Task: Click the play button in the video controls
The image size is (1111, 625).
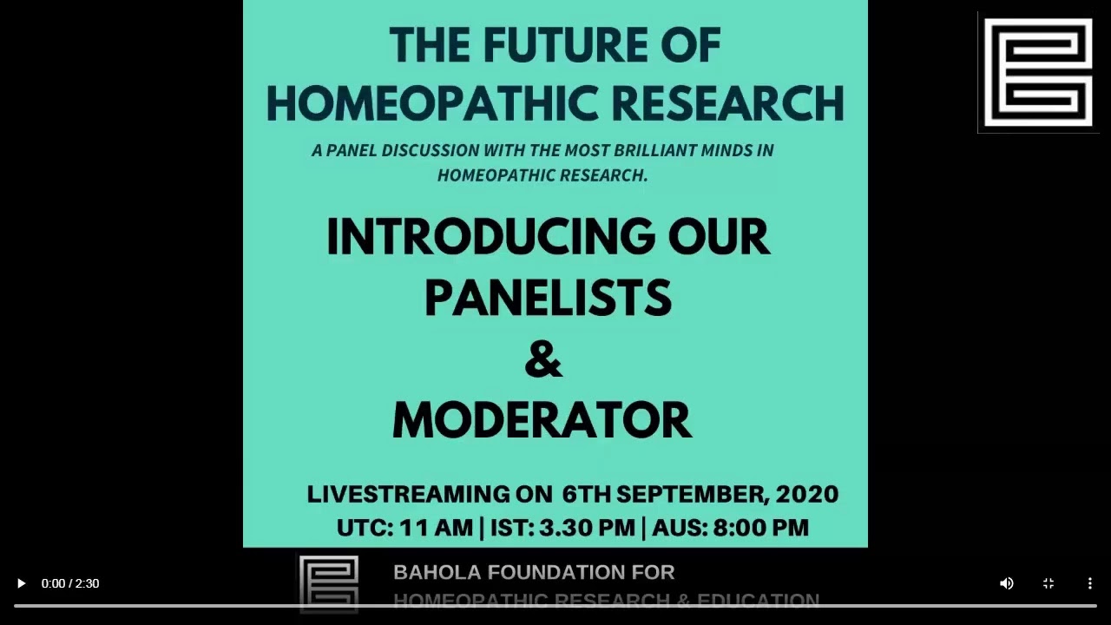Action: [x=22, y=583]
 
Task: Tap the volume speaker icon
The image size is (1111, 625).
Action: [x=1007, y=583]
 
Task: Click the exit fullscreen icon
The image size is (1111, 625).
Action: [x=1049, y=583]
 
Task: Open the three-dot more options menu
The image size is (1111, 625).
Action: [x=1090, y=583]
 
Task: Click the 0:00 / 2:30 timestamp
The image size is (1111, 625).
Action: [x=70, y=583]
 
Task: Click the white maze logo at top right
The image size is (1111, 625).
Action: [x=1038, y=72]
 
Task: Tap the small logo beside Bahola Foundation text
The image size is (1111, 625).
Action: [x=328, y=583]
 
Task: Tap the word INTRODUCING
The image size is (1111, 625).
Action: [x=490, y=237]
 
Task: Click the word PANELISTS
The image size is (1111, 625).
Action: [x=548, y=299]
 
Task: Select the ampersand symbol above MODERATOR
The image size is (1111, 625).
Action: [x=543, y=360]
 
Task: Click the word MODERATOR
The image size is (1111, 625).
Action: [x=542, y=421]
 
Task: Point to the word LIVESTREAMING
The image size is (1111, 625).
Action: [x=408, y=495]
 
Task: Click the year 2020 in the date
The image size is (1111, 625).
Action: [x=806, y=495]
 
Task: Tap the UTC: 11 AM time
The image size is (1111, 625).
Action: [x=404, y=528]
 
